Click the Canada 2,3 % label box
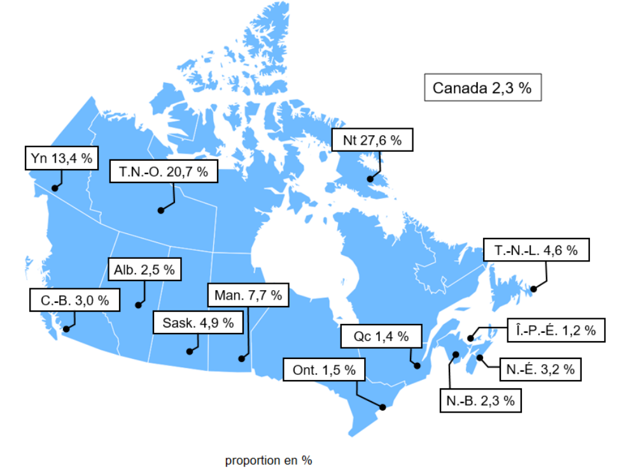[482, 88]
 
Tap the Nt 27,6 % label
[372, 141]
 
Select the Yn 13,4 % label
[61, 158]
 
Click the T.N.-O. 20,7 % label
[164, 172]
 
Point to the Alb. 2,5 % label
[144, 269]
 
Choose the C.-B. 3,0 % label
[74, 300]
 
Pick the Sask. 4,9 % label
[198, 323]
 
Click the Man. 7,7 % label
[248, 296]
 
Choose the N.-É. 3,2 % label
[541, 369]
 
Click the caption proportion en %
[269, 460]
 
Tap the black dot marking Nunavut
[370, 179]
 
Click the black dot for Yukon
[55, 188]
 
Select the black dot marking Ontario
[383, 407]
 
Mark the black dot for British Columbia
[66, 329]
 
